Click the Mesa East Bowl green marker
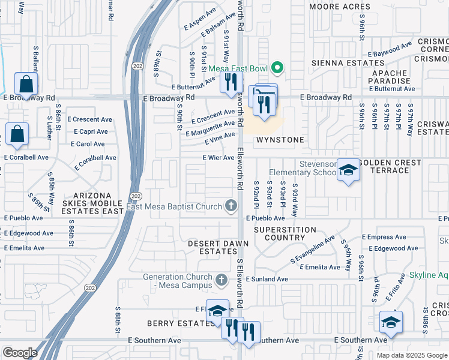click(x=277, y=68)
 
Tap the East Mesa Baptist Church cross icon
click(x=231, y=207)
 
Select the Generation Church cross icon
click(x=221, y=280)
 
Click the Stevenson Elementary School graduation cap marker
click(x=348, y=170)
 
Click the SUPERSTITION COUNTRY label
click(x=285, y=233)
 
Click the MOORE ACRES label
click(x=339, y=7)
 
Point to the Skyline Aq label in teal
click(x=429, y=275)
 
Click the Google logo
click(x=20, y=353)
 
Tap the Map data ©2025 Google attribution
click(x=411, y=355)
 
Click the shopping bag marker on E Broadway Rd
click(x=26, y=85)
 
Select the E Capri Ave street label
click(x=91, y=131)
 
